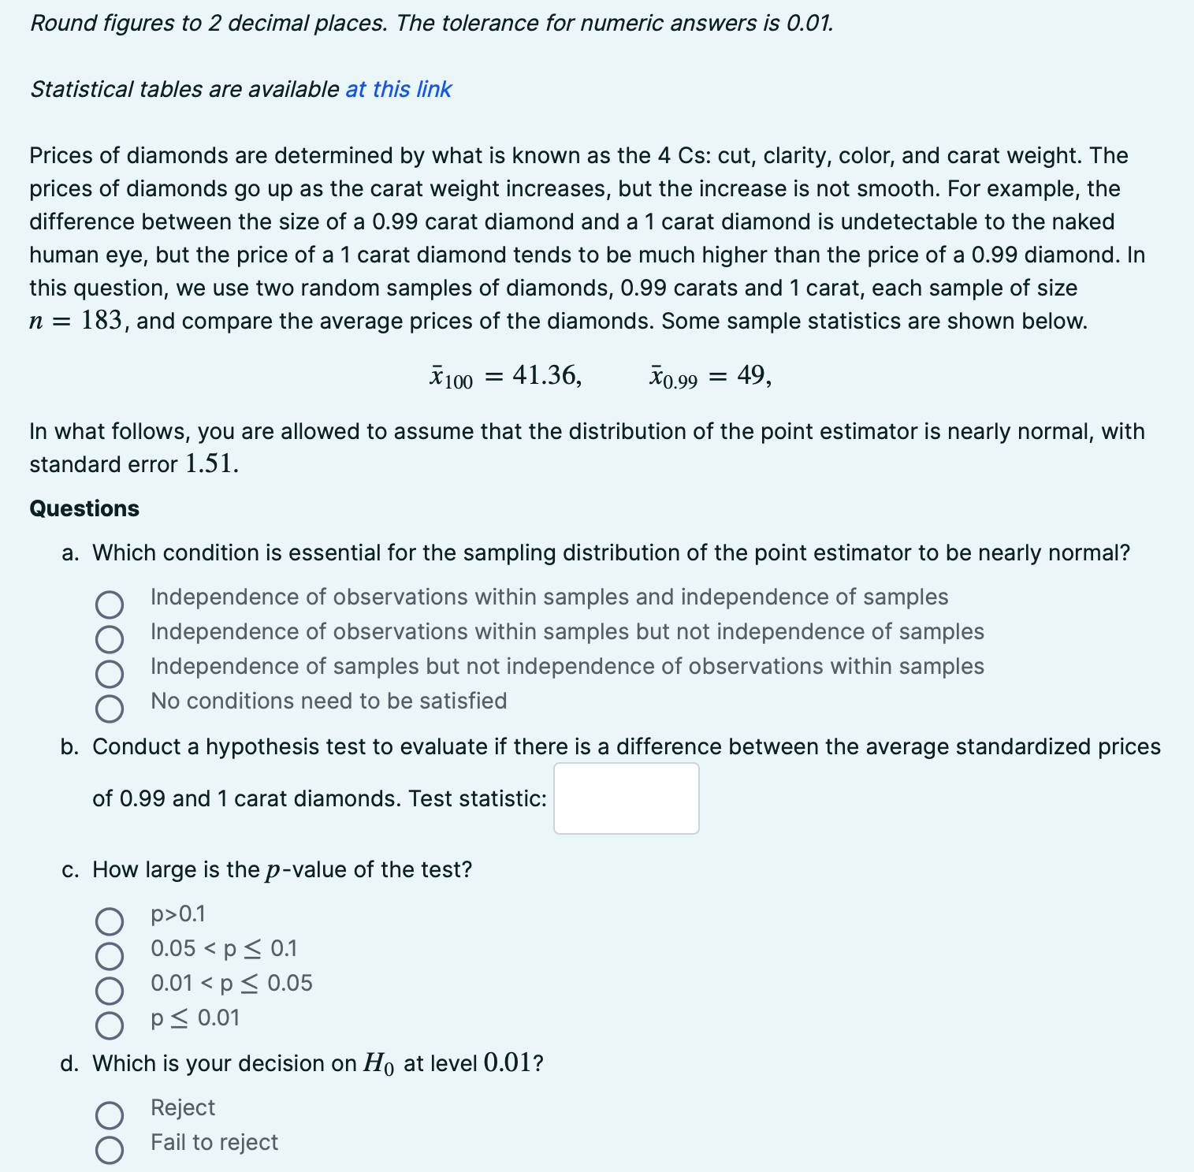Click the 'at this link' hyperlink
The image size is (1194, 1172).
[x=398, y=90]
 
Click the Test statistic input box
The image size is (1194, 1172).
[x=626, y=798]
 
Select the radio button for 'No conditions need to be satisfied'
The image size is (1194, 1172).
[x=110, y=709]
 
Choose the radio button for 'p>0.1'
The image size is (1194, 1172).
[x=110, y=921]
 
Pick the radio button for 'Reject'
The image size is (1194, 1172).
[x=110, y=1115]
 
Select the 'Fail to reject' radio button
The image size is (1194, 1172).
[x=110, y=1150]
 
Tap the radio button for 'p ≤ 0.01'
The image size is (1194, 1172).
[x=110, y=1025]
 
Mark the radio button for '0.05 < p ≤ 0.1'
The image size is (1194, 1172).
[x=110, y=955]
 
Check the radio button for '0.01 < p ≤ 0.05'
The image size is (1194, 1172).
[x=110, y=990]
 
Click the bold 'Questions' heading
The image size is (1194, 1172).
[x=84, y=509]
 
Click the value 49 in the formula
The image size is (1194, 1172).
[x=752, y=376]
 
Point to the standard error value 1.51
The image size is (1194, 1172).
[x=210, y=464]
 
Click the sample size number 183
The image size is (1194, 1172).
[x=102, y=322]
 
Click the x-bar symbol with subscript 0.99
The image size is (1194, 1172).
[x=672, y=378]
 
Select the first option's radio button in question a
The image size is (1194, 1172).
[x=110, y=605]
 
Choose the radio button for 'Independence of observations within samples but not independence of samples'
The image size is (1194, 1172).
[x=110, y=639]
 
